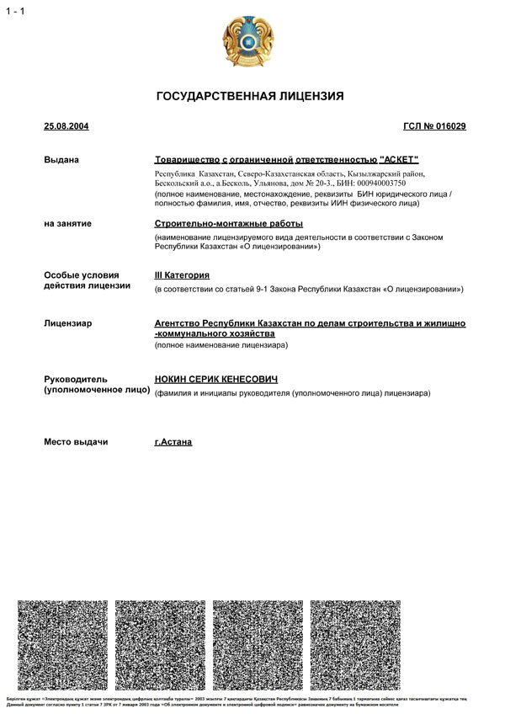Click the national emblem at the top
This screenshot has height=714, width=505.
click(249, 41)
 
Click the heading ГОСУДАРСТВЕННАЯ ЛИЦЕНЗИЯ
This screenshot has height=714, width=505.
click(250, 97)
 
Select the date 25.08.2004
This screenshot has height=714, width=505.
click(66, 126)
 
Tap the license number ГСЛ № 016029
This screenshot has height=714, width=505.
click(434, 126)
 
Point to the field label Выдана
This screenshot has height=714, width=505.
click(61, 159)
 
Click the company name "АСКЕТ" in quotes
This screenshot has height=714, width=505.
click(399, 159)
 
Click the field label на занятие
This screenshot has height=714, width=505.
click(68, 224)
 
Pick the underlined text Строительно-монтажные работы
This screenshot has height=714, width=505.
click(228, 224)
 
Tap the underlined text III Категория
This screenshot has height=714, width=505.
click(182, 275)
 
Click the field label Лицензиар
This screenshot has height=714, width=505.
click(68, 323)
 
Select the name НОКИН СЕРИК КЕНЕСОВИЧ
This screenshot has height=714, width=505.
click(216, 380)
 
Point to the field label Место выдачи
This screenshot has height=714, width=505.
click(76, 442)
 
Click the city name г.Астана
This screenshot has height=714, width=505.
click(173, 442)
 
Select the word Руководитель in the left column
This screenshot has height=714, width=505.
click(76, 380)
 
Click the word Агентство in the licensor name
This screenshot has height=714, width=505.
click(179, 323)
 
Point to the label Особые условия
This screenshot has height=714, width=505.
click(82, 275)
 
